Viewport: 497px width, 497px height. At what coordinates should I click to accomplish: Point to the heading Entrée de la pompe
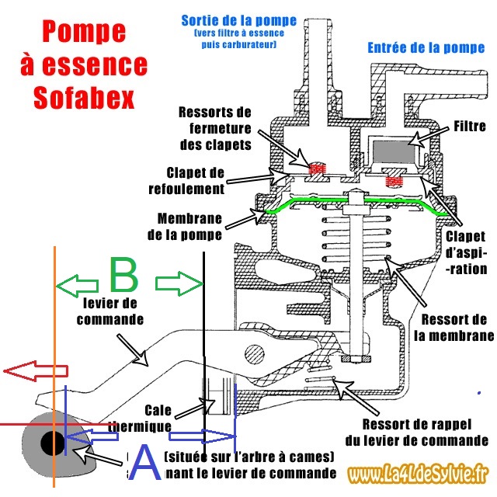point(425,48)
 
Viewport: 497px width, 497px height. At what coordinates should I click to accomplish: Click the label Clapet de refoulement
point(195,180)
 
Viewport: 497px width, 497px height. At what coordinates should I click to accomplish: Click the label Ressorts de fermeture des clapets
point(214,127)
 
